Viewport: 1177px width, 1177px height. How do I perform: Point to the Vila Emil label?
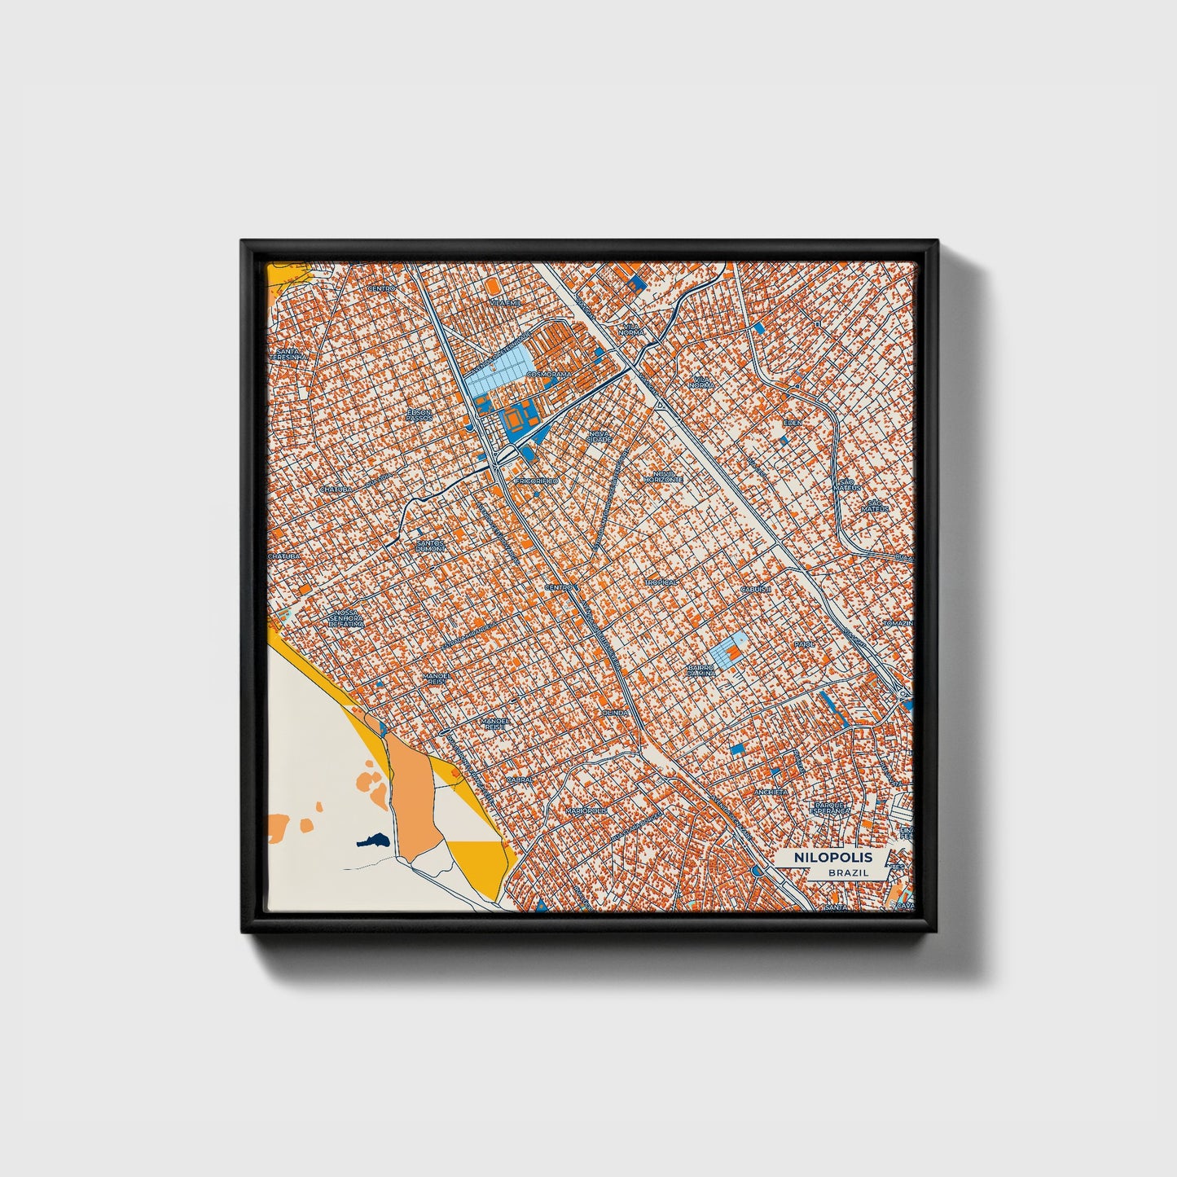point(504,302)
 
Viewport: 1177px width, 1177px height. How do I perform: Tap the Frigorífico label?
point(537,481)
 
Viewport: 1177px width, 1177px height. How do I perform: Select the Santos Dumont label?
point(430,546)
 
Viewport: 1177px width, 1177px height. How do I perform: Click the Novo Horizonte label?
point(661,479)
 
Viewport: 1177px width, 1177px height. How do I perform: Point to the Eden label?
point(793,423)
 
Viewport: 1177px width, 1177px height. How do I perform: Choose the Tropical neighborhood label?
point(661,582)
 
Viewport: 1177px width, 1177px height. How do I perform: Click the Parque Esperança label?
point(830,808)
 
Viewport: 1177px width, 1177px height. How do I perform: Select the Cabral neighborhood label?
point(519,779)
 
